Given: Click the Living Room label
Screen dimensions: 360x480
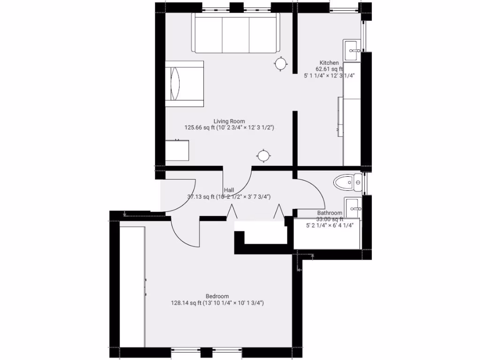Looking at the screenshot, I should click(229, 121).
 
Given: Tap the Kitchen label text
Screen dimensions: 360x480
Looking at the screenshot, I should click(329, 63).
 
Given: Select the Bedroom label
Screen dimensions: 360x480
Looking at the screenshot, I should click(217, 296).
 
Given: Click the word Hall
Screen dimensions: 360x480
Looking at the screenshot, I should click(229, 190).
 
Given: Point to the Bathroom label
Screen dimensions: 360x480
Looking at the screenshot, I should click(330, 213).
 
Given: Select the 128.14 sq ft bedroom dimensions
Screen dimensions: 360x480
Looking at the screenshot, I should click(217, 303).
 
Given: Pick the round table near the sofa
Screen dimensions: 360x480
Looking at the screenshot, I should click(280, 63).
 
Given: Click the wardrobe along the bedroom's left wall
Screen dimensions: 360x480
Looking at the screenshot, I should click(132, 286).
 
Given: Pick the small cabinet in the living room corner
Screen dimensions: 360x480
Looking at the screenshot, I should click(177, 150).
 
